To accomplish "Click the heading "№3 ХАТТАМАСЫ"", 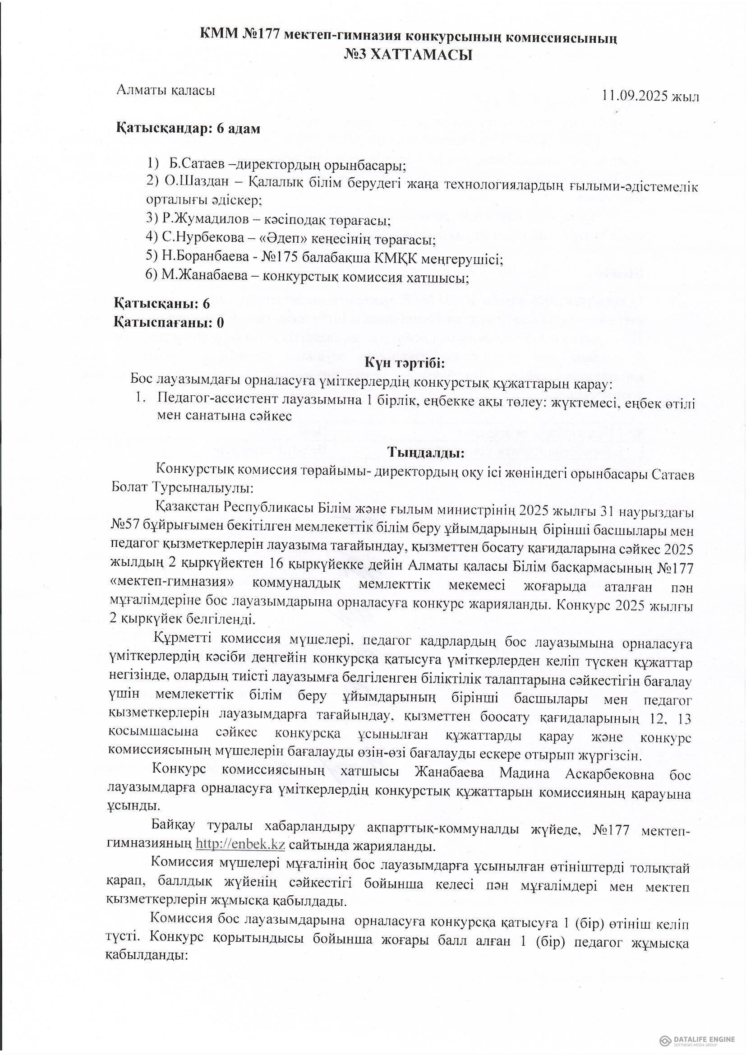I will (408, 56).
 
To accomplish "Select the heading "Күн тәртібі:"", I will (405, 363).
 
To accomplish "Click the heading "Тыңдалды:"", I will (426, 453).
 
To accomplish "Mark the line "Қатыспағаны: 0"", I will (169, 323).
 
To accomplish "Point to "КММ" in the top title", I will (218, 36).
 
